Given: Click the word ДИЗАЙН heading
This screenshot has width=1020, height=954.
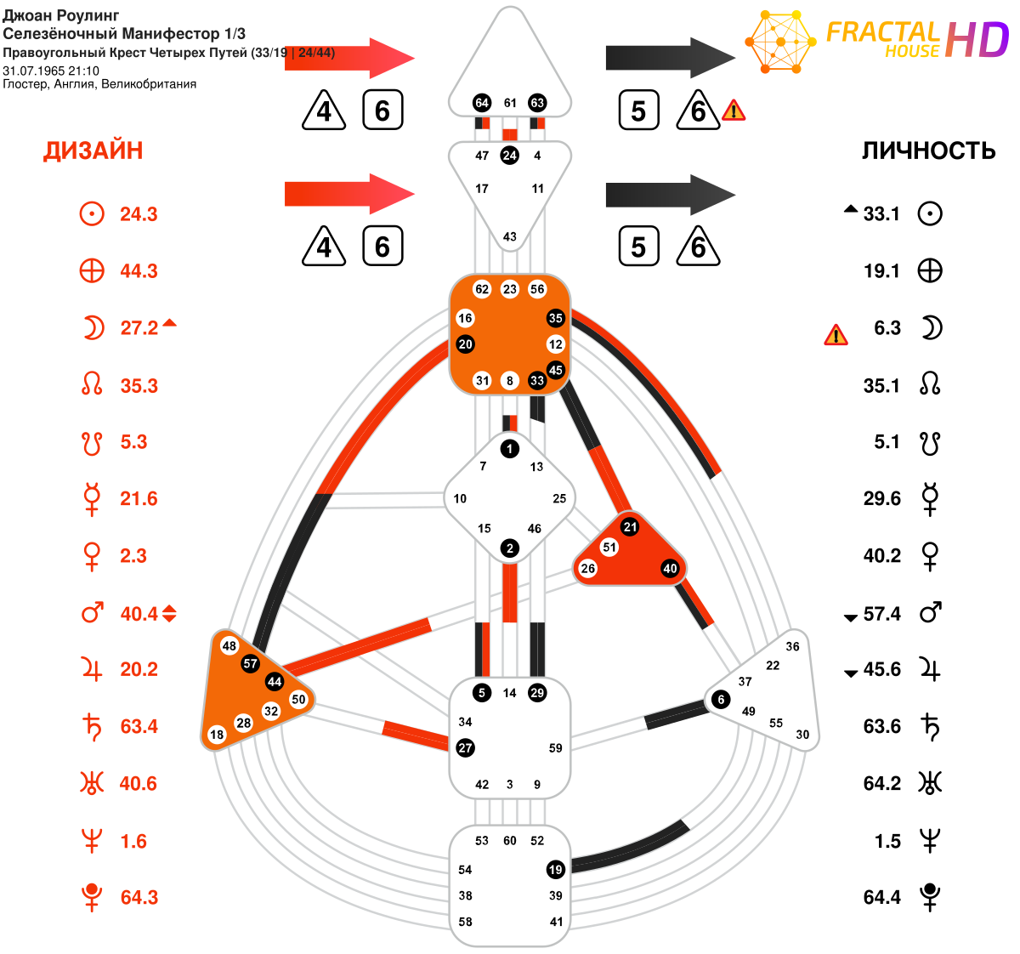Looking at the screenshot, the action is (x=93, y=151).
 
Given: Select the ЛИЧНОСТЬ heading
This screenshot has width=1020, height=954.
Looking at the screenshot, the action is (x=928, y=151).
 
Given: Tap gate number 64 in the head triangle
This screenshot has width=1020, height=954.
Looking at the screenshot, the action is (x=482, y=103).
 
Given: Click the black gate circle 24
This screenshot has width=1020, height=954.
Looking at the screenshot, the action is (x=509, y=156).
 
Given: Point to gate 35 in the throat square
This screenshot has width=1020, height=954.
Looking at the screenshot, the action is (x=556, y=318).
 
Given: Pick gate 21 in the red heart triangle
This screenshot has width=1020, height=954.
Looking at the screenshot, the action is (x=630, y=527).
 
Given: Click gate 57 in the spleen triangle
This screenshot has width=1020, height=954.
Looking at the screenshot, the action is (x=250, y=663).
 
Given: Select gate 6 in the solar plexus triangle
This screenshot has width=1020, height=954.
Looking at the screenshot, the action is (x=721, y=699).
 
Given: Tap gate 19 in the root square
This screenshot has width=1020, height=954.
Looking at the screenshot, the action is (x=556, y=870).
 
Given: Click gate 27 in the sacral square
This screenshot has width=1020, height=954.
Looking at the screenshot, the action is (x=465, y=748).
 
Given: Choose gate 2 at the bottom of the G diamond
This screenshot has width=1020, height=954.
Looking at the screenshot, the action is (x=509, y=548).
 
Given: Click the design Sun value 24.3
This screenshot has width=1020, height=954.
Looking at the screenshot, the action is (x=139, y=214).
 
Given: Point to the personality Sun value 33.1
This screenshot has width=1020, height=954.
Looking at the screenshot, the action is (x=881, y=213).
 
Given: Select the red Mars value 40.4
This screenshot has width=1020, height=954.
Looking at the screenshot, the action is (x=139, y=614).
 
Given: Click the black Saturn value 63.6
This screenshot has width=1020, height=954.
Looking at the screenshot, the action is (x=881, y=726).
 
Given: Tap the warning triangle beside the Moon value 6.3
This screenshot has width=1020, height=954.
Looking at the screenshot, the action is (x=836, y=335).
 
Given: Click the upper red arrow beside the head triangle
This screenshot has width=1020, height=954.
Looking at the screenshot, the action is (x=349, y=58).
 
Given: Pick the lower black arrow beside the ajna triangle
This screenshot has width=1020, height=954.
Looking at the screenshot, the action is (x=671, y=195).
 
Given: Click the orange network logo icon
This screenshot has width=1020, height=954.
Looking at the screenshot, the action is (x=780, y=41).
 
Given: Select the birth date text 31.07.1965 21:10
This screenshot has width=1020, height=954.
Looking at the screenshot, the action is (x=51, y=71).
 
